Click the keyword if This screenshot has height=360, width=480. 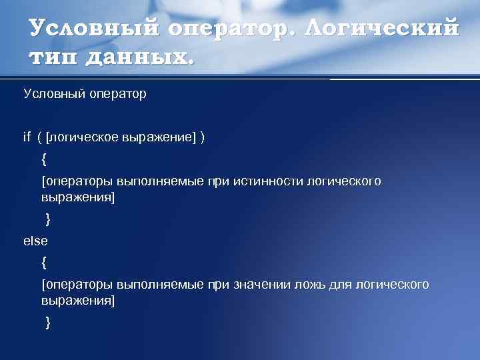27,137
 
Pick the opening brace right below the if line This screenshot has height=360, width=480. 44,159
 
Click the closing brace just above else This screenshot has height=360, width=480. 47,219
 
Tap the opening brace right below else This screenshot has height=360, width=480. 44,263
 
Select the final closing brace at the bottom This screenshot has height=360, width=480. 47,323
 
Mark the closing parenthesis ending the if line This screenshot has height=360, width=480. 203,137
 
